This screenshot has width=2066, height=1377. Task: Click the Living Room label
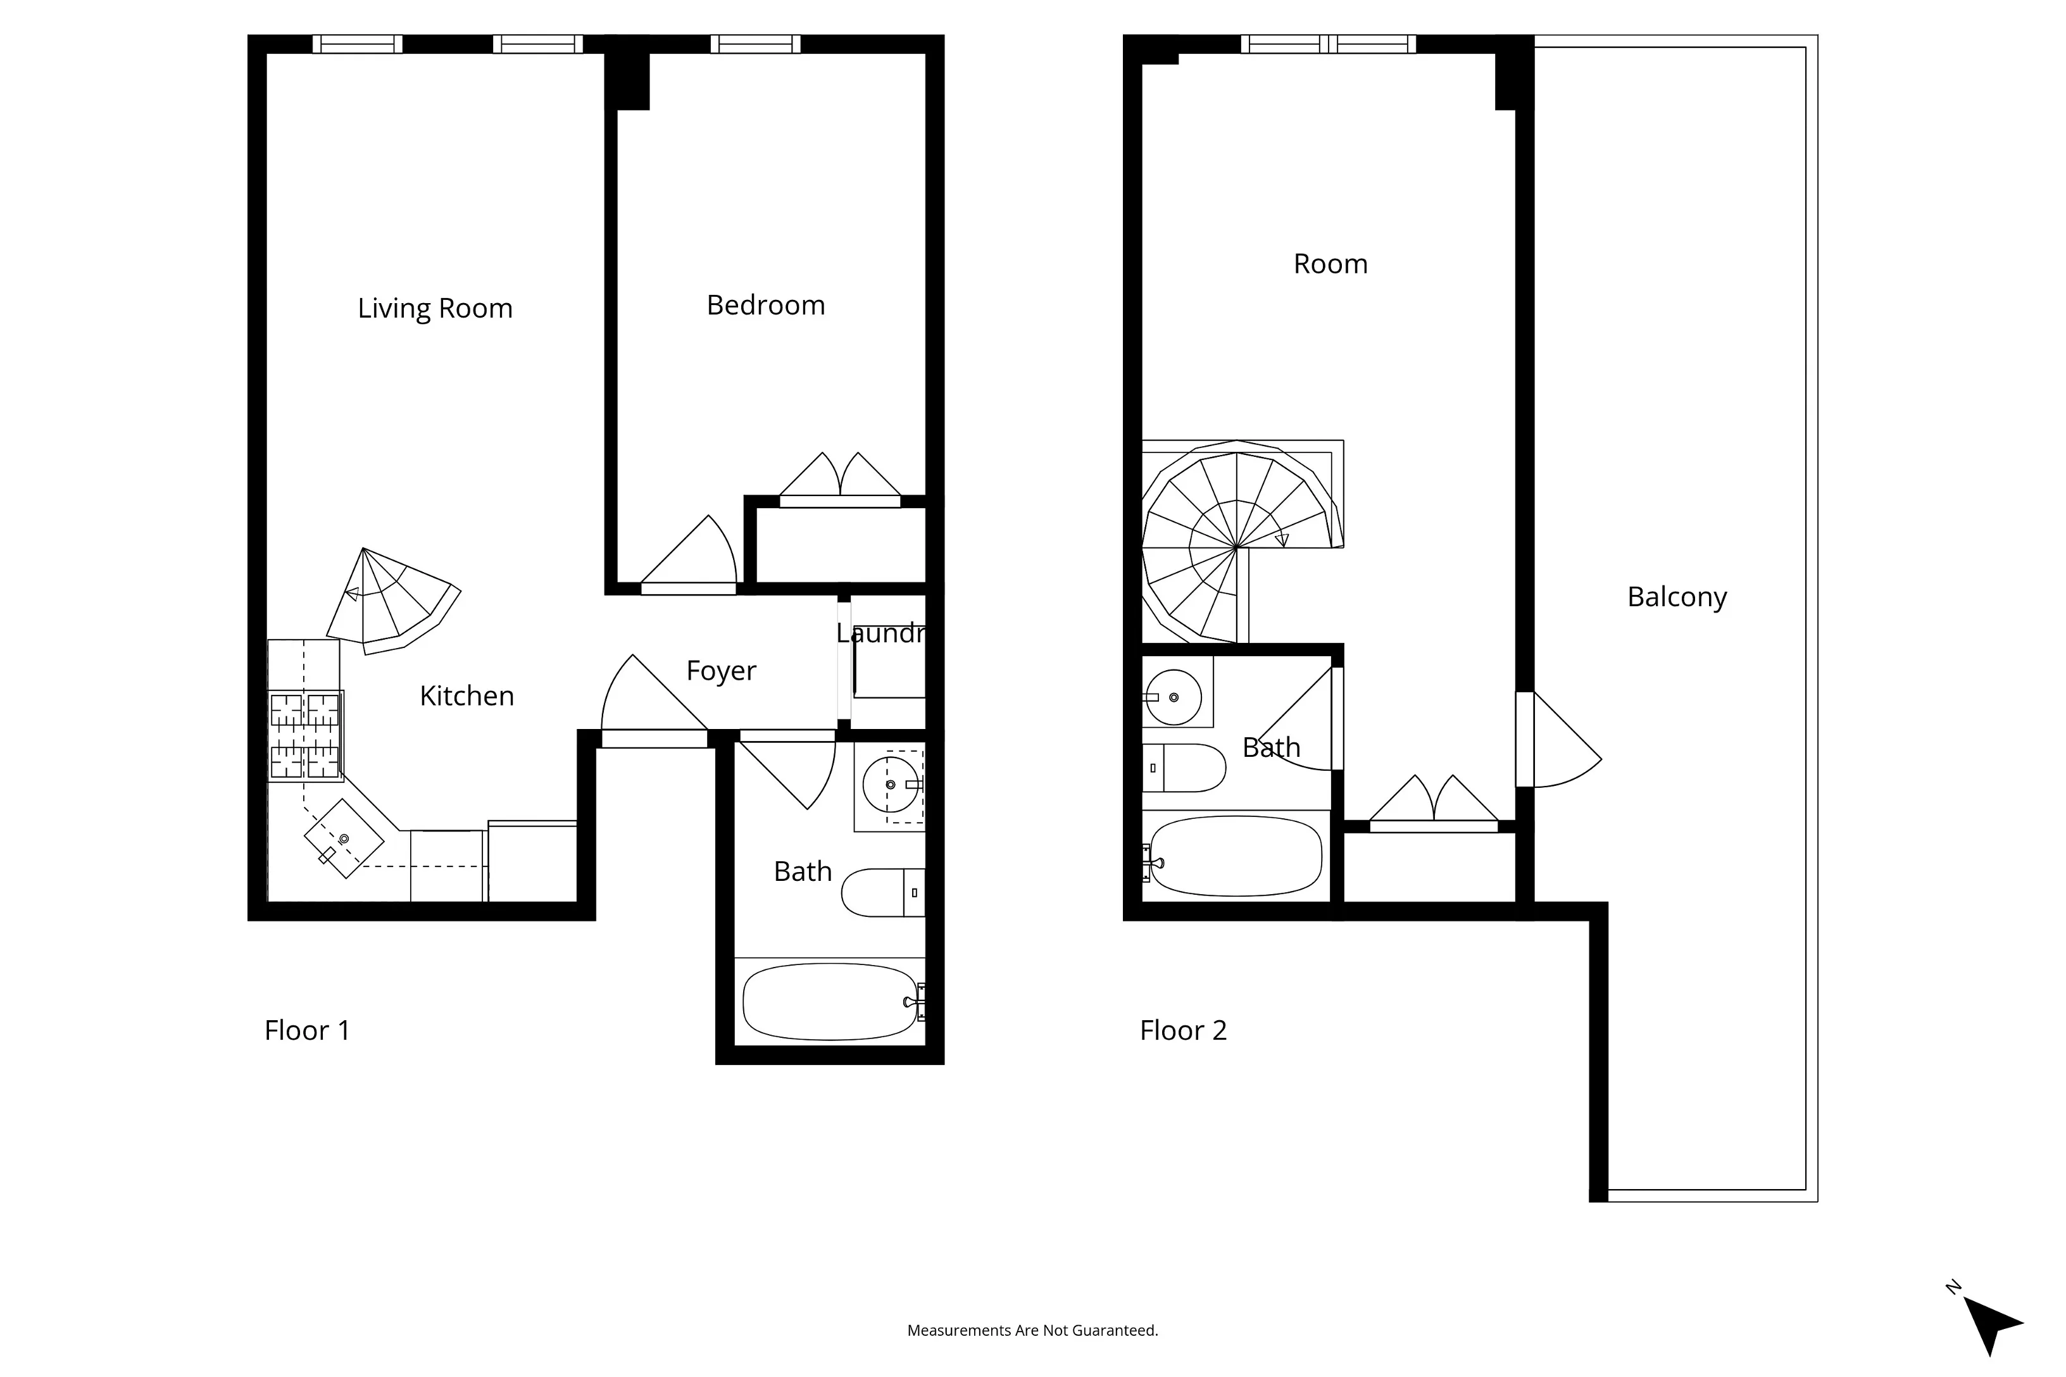pos(435,308)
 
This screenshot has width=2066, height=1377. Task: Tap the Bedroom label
pos(765,305)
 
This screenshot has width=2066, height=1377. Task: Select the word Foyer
pos(720,670)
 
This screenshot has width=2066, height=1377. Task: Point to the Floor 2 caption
pos(1182,1030)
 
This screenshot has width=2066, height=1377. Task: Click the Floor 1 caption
pos(306,1030)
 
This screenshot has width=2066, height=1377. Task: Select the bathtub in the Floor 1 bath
pos(829,1001)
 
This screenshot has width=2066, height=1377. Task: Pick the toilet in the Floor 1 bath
pos(882,892)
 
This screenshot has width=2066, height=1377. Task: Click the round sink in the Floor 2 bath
pos(1174,697)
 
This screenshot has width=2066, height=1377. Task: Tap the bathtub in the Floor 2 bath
pos(1235,856)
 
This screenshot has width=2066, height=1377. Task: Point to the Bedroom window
pos(755,44)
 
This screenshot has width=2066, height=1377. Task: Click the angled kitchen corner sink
pos(344,838)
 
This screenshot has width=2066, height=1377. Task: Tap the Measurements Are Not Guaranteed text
pos(1032,1330)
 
